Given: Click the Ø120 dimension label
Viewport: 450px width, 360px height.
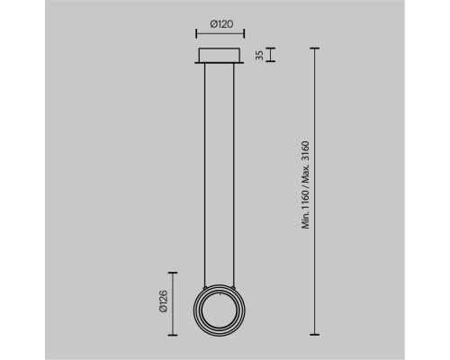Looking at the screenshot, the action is tap(221, 24).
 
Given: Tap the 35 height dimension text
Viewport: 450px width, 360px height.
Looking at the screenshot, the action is tap(260, 55).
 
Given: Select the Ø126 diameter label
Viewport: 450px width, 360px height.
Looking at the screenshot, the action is tap(164, 301).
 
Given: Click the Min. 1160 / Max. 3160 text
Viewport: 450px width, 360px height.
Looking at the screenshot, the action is tap(305, 185).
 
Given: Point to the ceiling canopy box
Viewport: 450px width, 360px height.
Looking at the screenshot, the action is tap(220, 55).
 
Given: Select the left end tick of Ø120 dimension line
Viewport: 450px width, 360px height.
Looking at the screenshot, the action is tap(196, 33).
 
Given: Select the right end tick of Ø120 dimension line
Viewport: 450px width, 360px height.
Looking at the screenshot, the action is tap(244, 33).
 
